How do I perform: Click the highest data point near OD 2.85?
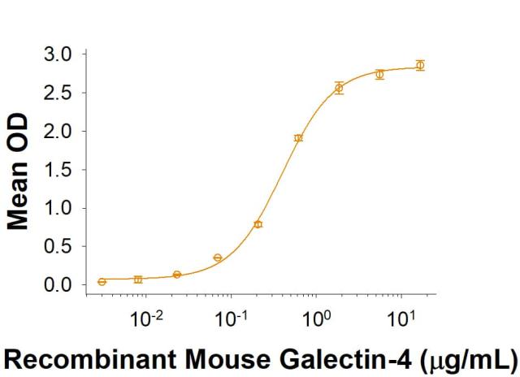pyautogui.click(x=420, y=65)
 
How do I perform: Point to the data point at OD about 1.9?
pyautogui.click(x=298, y=138)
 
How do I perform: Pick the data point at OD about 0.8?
pyautogui.click(x=258, y=224)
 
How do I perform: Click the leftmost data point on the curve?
pyautogui.click(x=102, y=282)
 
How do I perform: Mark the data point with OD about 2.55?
pyautogui.click(x=339, y=88)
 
